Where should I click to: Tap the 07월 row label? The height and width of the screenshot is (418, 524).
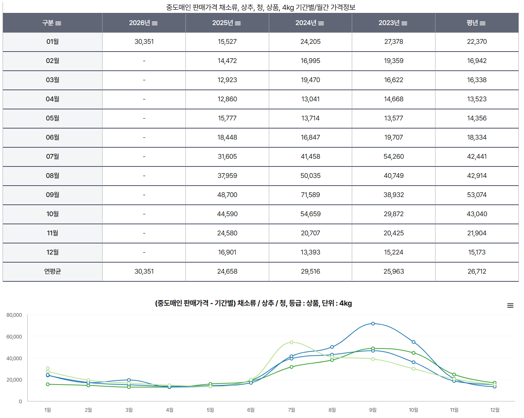click(52, 157)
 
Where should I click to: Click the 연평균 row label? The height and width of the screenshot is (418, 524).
click(52, 271)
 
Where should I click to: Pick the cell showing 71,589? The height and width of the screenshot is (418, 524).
click(310, 195)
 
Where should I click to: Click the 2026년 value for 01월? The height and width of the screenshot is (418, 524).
click(144, 42)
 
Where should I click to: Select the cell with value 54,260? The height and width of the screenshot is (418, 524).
click(393, 157)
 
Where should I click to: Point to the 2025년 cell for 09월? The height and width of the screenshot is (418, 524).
click(227, 195)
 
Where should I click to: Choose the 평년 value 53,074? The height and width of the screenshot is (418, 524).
click(476, 195)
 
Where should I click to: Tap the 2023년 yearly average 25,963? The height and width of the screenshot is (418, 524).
click(393, 271)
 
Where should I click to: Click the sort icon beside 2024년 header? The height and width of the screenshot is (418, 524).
click(321, 23)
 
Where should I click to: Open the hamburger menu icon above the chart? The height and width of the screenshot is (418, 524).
click(510, 305)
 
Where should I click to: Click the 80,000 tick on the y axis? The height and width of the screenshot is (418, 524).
click(14, 315)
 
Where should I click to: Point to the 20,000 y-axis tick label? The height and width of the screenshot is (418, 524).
click(14, 380)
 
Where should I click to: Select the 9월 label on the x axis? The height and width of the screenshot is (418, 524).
click(373, 410)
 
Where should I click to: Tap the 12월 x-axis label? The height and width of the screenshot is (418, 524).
click(494, 410)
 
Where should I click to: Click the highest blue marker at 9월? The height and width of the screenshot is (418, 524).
click(373, 324)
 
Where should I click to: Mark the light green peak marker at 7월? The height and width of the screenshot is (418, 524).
click(291, 342)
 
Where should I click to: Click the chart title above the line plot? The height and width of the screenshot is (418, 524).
click(253, 303)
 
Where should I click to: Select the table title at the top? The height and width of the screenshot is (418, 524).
click(261, 7)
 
